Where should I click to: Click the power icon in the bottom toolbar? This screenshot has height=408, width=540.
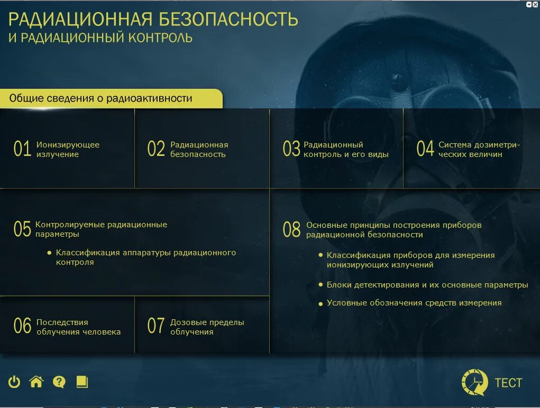coord(14,382)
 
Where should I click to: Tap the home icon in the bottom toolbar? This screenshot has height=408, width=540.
coord(36,382)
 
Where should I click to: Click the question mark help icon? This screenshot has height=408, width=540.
coord(59,382)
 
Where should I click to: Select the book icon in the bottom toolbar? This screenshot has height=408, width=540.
coord(82,382)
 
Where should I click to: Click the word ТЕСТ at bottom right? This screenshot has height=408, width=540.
coord(508,383)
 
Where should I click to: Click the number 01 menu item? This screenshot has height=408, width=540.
coord(22,150)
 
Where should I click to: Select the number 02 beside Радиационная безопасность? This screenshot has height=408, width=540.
coord(156,150)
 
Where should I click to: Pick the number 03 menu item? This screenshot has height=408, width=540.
coord(291,150)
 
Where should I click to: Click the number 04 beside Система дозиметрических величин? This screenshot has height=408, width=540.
coord(425,150)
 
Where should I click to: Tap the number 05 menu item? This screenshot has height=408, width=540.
coord(22,229)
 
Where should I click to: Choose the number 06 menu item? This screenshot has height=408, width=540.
coord(22,327)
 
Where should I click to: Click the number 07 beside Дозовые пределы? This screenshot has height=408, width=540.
coord(156,327)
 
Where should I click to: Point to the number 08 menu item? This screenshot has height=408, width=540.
coord(291,230)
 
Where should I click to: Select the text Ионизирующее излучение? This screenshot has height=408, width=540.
coord(68,150)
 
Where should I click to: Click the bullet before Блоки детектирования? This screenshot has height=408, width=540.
coord(321,284)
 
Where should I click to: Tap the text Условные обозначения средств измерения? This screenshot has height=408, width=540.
coord(414,303)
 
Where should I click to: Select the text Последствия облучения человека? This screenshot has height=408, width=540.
coord(78,327)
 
